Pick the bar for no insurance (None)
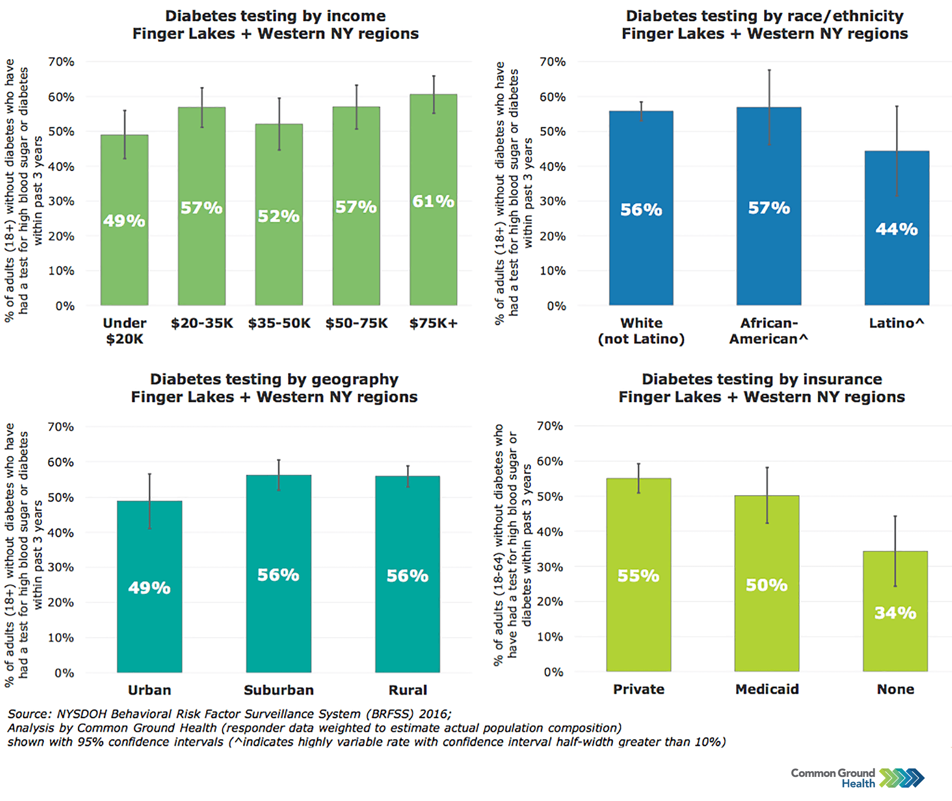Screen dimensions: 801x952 [x=895, y=645]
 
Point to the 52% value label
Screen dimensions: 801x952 [x=279, y=216]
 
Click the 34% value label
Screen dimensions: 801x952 [x=895, y=613]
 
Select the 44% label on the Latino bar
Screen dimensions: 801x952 [x=897, y=229]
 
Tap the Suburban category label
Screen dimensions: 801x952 [x=279, y=690]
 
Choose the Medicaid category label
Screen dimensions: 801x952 [x=767, y=690]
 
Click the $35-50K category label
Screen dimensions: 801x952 [x=279, y=323]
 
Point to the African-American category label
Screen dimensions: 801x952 [x=769, y=331]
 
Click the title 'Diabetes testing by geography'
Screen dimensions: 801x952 [x=274, y=379]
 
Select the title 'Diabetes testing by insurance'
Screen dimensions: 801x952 [x=761, y=379]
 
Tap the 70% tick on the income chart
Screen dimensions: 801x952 [x=61, y=62]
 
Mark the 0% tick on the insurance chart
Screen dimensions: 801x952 [x=553, y=672]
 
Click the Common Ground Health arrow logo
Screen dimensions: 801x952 [x=902, y=778]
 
